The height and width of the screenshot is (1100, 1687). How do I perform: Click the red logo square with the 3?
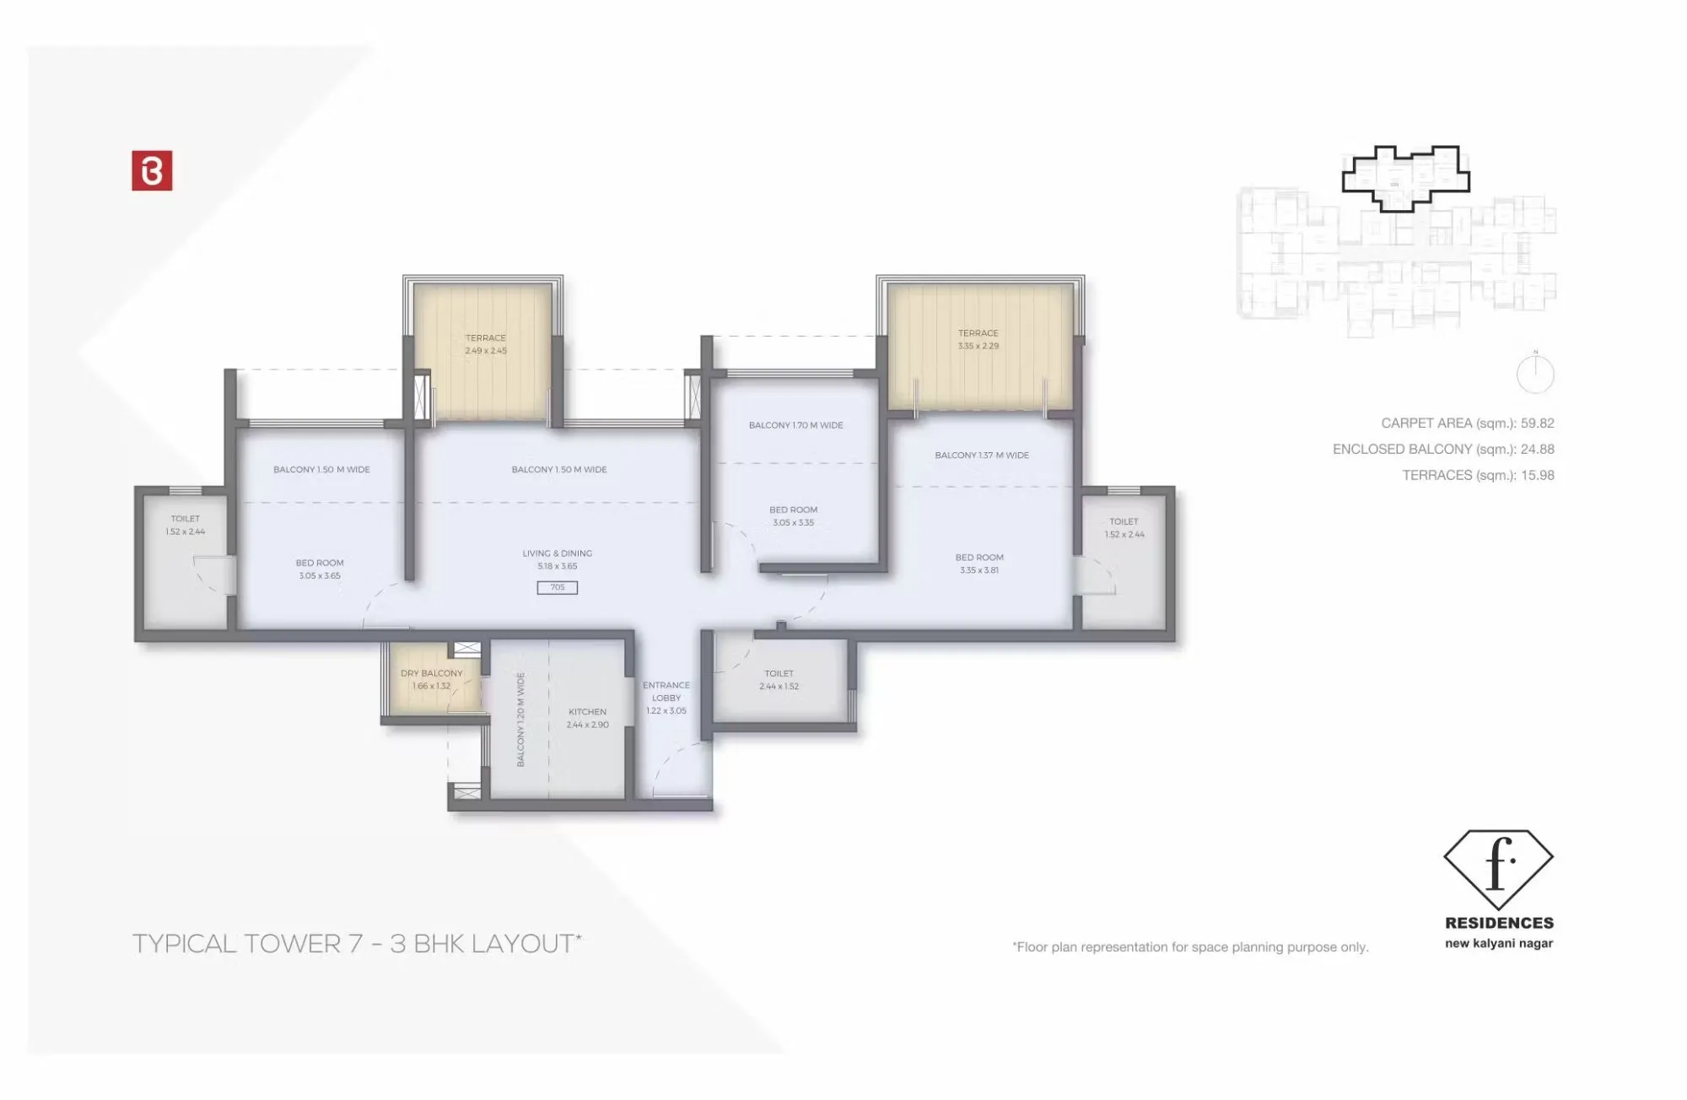(x=152, y=170)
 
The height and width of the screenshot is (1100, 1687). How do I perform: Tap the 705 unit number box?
(x=557, y=588)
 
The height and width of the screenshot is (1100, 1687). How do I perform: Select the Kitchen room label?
(x=587, y=718)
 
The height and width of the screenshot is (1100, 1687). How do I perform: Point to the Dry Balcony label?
(x=431, y=679)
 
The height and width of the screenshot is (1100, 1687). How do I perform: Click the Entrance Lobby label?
(x=666, y=698)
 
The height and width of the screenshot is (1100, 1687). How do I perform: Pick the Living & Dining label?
(x=557, y=559)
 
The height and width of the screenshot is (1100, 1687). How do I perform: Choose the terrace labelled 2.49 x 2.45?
(x=485, y=344)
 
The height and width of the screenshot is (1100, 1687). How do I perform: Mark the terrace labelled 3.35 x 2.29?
(x=978, y=339)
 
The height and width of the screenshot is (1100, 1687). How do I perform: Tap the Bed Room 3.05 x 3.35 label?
(x=793, y=515)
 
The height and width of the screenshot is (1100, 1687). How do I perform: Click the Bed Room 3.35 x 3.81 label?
(x=978, y=563)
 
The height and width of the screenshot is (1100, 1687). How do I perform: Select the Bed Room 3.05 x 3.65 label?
(x=319, y=569)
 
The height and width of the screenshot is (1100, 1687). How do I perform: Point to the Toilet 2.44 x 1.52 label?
(x=779, y=680)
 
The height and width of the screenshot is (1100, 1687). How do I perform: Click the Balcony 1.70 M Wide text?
(x=795, y=425)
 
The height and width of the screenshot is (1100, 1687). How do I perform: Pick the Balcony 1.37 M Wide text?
(x=981, y=456)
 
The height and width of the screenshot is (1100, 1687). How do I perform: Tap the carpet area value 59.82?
(x=1537, y=423)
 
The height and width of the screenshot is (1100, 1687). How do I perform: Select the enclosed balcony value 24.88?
(x=1537, y=450)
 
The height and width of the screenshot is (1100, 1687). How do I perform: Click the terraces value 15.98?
(x=1537, y=476)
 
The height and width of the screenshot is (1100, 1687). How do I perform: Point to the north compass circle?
(x=1535, y=375)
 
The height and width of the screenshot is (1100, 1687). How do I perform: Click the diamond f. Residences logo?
(x=1498, y=864)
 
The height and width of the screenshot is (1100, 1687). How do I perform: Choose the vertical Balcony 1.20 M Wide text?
(x=520, y=719)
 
